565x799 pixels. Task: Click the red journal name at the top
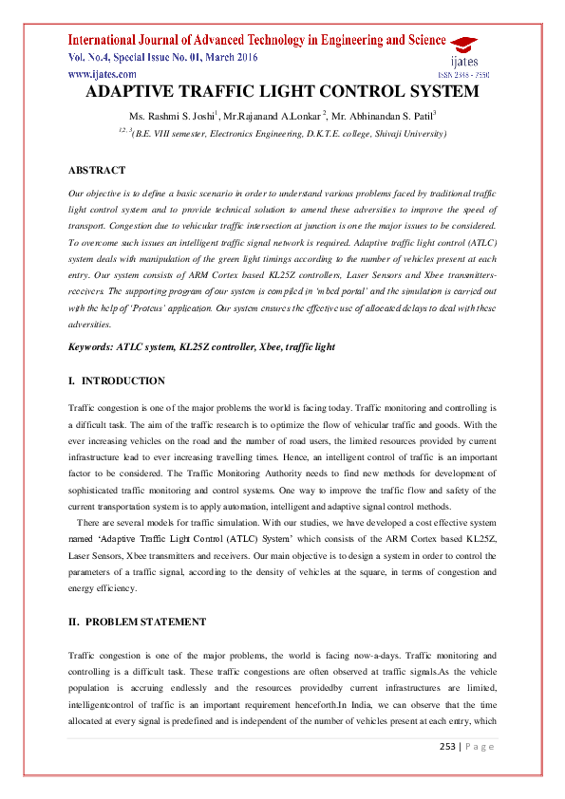point(256,40)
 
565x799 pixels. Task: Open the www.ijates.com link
point(102,73)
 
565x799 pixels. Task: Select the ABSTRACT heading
point(97,170)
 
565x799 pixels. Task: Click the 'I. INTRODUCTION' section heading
point(117,381)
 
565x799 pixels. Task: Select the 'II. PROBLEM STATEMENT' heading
point(137,622)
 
